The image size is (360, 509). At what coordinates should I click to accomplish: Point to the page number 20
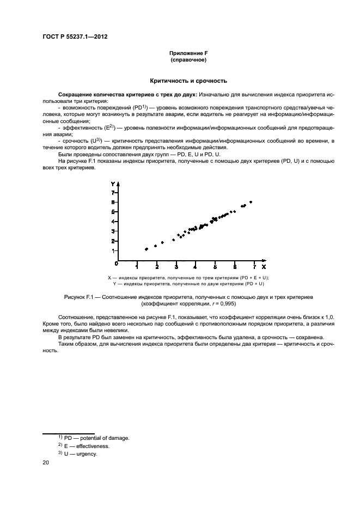coord(46,463)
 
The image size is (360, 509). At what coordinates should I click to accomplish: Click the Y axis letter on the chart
coord(113,185)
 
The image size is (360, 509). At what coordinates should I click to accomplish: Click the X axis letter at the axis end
coord(264,267)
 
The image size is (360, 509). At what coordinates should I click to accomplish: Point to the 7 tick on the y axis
coord(113,193)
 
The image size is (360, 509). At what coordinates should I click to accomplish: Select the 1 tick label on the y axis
coord(113,251)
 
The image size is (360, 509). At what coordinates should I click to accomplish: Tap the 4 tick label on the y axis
coord(113,222)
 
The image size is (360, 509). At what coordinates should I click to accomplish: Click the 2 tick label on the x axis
coord(157,267)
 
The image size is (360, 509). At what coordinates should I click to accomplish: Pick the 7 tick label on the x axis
coord(254,267)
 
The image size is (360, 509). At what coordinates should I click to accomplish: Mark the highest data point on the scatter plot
coord(251,202)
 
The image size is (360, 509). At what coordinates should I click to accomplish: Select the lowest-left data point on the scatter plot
coord(146,249)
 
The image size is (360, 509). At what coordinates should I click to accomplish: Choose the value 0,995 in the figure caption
coord(223,303)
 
